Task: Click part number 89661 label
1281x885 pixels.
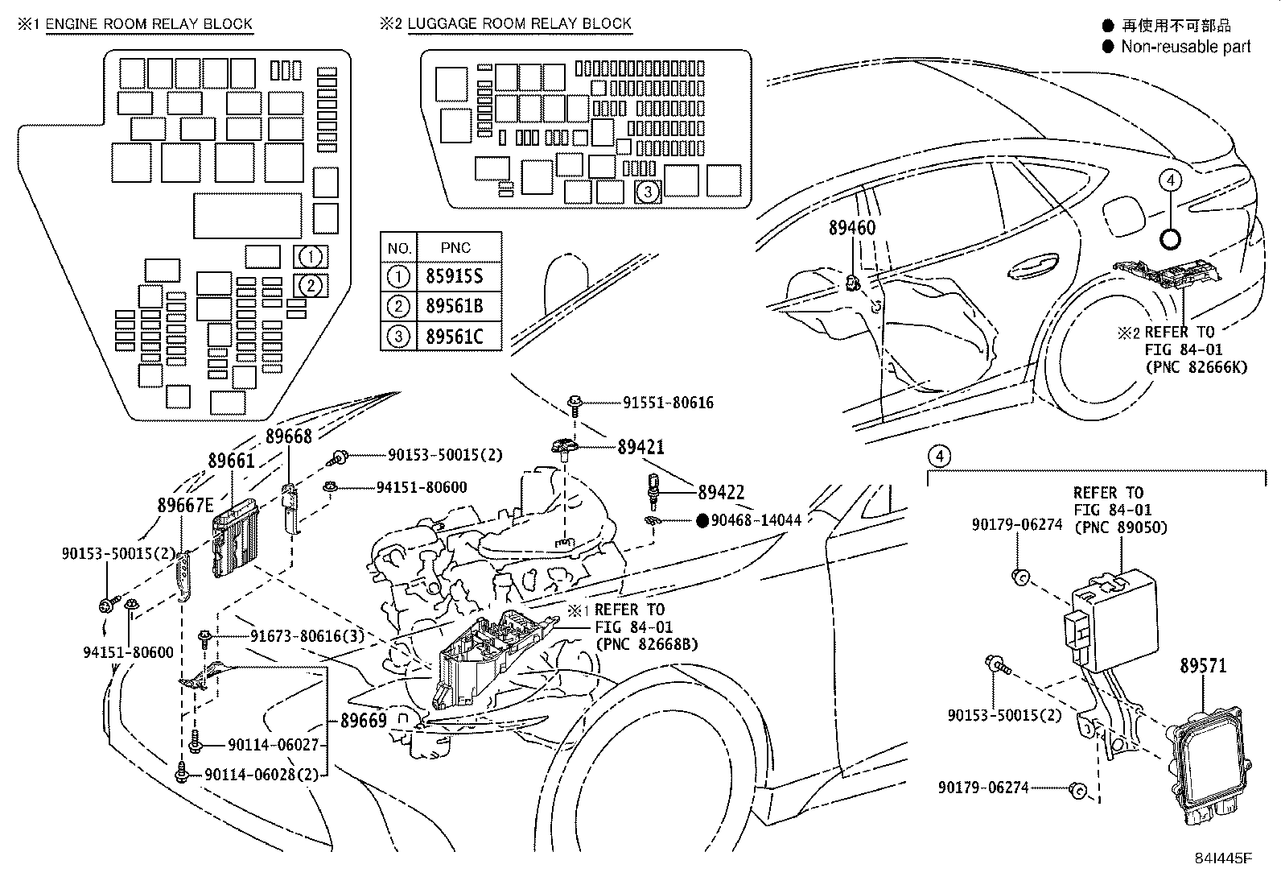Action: coord(231,461)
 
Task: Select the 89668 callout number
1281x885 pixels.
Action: coord(288,436)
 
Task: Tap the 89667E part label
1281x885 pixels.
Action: coord(185,506)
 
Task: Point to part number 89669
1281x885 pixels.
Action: coord(364,721)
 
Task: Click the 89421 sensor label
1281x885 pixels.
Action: coord(640,447)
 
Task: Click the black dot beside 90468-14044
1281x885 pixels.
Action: coord(702,520)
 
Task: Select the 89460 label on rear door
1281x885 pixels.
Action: coord(851,228)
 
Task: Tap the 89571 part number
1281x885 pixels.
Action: coord(1203,666)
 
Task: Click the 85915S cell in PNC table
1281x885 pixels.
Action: coord(454,277)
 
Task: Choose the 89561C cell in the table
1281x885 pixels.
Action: coord(454,336)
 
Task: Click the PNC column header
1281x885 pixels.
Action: coord(455,247)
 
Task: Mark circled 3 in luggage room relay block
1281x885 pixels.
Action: coord(648,192)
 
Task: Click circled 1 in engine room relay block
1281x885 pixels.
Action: coord(312,257)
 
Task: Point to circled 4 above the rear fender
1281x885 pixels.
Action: coord(1171,180)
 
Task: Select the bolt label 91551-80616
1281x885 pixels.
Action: coord(667,403)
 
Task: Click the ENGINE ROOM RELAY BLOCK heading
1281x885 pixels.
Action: coord(149,23)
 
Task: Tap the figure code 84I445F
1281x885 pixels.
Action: coord(1223,857)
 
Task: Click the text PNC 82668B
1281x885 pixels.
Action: coord(646,644)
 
